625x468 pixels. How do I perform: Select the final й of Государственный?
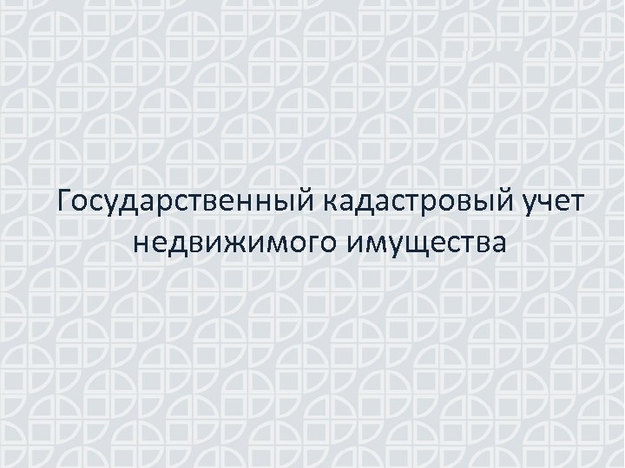312,202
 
